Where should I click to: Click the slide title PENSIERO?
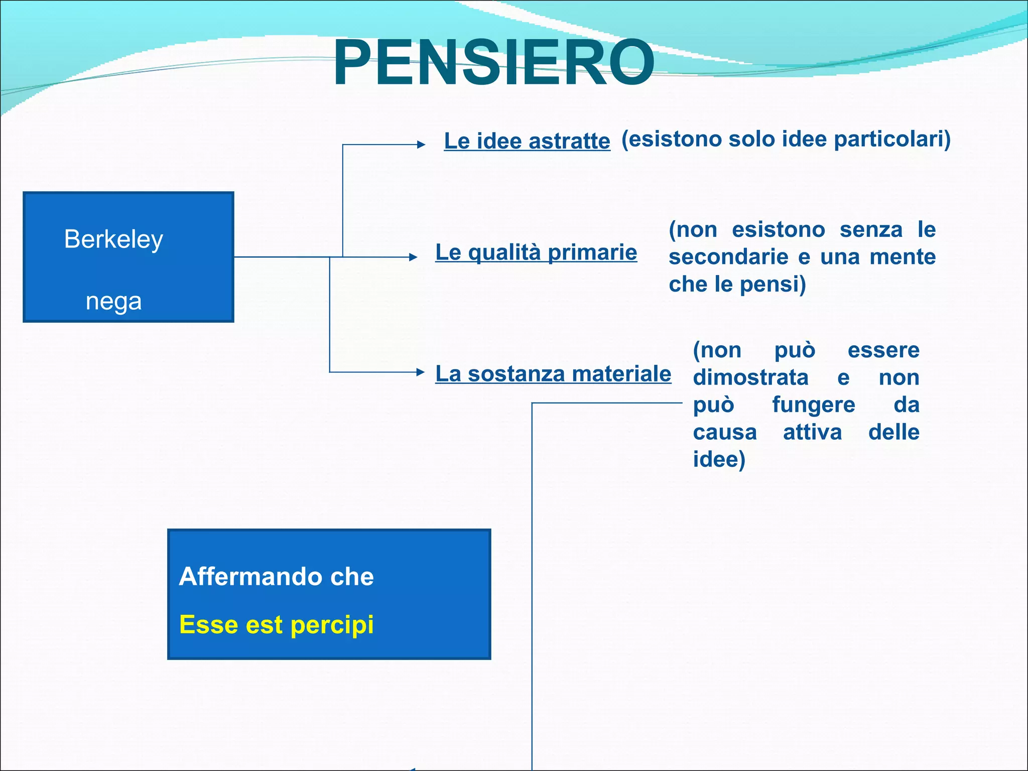tap(493, 64)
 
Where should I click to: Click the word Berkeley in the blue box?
tap(113, 239)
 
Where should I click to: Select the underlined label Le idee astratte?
tap(527, 141)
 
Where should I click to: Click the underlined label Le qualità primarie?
tap(536, 252)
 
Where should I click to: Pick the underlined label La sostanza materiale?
tap(553, 373)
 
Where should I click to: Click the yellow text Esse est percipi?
tap(276, 625)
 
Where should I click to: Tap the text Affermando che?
tap(276, 576)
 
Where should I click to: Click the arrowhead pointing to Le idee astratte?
tap(421, 145)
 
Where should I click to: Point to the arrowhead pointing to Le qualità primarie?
tap(413, 257)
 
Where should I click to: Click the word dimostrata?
tap(750, 377)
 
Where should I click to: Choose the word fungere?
tap(813, 405)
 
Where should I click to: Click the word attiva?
tap(812, 432)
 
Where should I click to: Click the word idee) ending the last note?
tap(719, 459)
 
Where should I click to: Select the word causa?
tap(724, 432)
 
